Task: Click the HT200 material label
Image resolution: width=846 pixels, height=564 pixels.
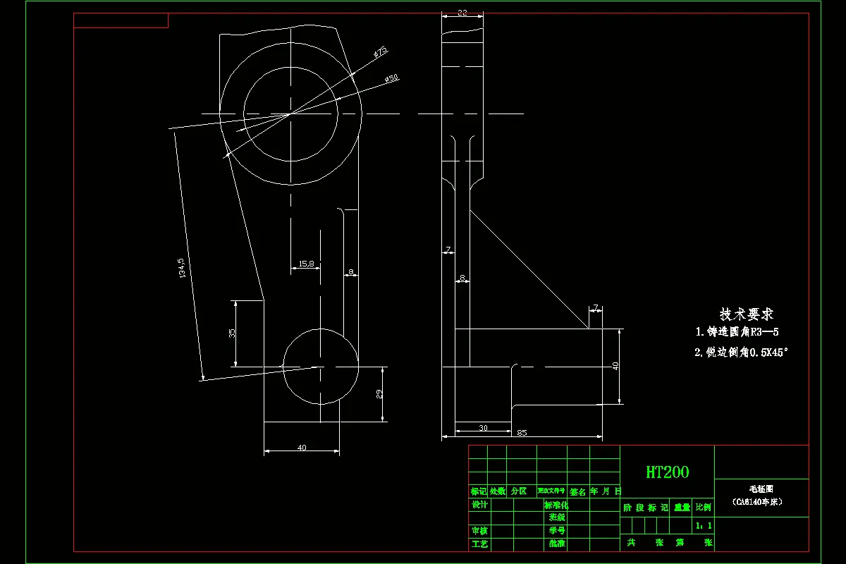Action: tap(668, 472)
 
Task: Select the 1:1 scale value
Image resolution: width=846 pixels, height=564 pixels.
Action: tap(704, 525)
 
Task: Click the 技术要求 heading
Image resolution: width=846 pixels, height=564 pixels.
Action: tap(747, 314)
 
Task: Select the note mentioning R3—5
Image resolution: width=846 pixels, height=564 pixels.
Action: tap(737, 331)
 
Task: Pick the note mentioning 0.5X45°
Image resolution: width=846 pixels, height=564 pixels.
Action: tap(740, 352)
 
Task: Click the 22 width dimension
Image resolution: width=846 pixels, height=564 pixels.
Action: tap(462, 13)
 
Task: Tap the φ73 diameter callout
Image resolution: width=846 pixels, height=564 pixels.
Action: tap(381, 52)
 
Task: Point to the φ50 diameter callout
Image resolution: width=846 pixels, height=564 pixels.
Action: tap(393, 78)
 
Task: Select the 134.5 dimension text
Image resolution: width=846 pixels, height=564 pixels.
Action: tap(182, 268)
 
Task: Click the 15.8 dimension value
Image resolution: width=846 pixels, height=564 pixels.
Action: tap(306, 263)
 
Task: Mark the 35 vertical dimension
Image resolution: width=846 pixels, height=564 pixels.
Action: tap(232, 333)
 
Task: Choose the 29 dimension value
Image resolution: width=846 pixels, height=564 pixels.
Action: tap(380, 393)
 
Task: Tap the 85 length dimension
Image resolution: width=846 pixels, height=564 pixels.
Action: tap(522, 432)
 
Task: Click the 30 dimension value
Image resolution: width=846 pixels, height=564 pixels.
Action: tap(483, 428)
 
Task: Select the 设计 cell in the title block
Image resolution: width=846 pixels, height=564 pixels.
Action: tap(479, 505)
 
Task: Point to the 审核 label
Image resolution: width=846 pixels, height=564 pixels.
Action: tap(479, 530)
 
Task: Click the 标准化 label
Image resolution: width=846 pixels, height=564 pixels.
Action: tap(556, 505)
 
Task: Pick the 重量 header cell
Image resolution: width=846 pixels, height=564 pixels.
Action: tap(682, 507)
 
